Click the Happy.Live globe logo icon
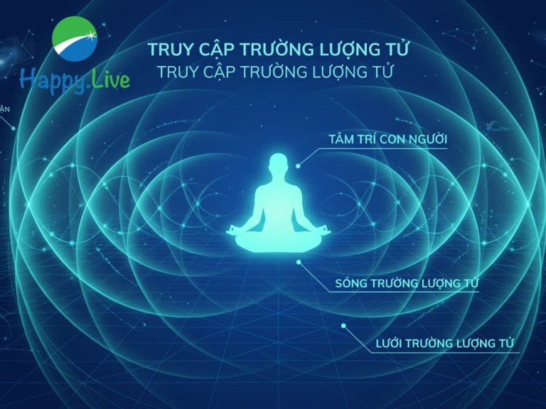point(75,39)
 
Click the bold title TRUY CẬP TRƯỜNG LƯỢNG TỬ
point(278,49)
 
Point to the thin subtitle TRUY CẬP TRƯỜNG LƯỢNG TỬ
point(275,72)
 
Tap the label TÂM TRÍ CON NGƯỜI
point(388,139)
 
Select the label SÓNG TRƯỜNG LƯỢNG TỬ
point(407,283)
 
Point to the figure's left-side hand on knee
point(232,230)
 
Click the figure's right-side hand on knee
point(324,230)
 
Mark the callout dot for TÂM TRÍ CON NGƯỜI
point(298,166)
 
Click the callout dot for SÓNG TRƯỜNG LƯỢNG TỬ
point(299,262)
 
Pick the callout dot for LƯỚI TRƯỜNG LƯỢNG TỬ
point(343,326)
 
